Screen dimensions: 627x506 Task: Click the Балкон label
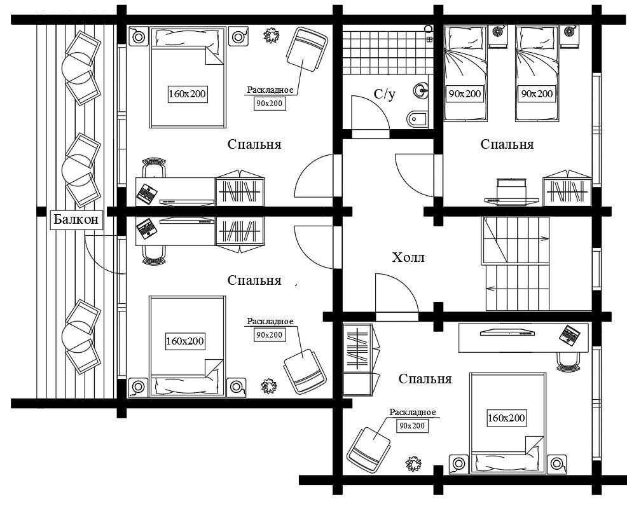[76, 219]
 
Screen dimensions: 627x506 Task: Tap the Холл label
[408, 257]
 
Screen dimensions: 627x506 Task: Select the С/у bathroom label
[385, 94]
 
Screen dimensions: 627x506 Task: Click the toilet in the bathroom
[417, 118]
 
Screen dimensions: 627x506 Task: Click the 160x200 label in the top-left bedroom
[187, 94]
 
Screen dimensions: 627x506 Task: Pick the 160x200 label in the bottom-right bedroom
[506, 418]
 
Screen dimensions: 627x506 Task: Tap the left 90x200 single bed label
[465, 94]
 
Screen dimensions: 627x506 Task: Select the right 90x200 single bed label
[537, 94]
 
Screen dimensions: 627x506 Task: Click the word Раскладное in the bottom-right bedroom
[413, 413]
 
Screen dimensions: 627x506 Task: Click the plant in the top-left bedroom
[272, 35]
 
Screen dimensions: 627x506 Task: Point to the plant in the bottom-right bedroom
[413, 463]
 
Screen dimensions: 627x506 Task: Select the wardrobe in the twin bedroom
[567, 188]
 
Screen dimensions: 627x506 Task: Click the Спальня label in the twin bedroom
[507, 144]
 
